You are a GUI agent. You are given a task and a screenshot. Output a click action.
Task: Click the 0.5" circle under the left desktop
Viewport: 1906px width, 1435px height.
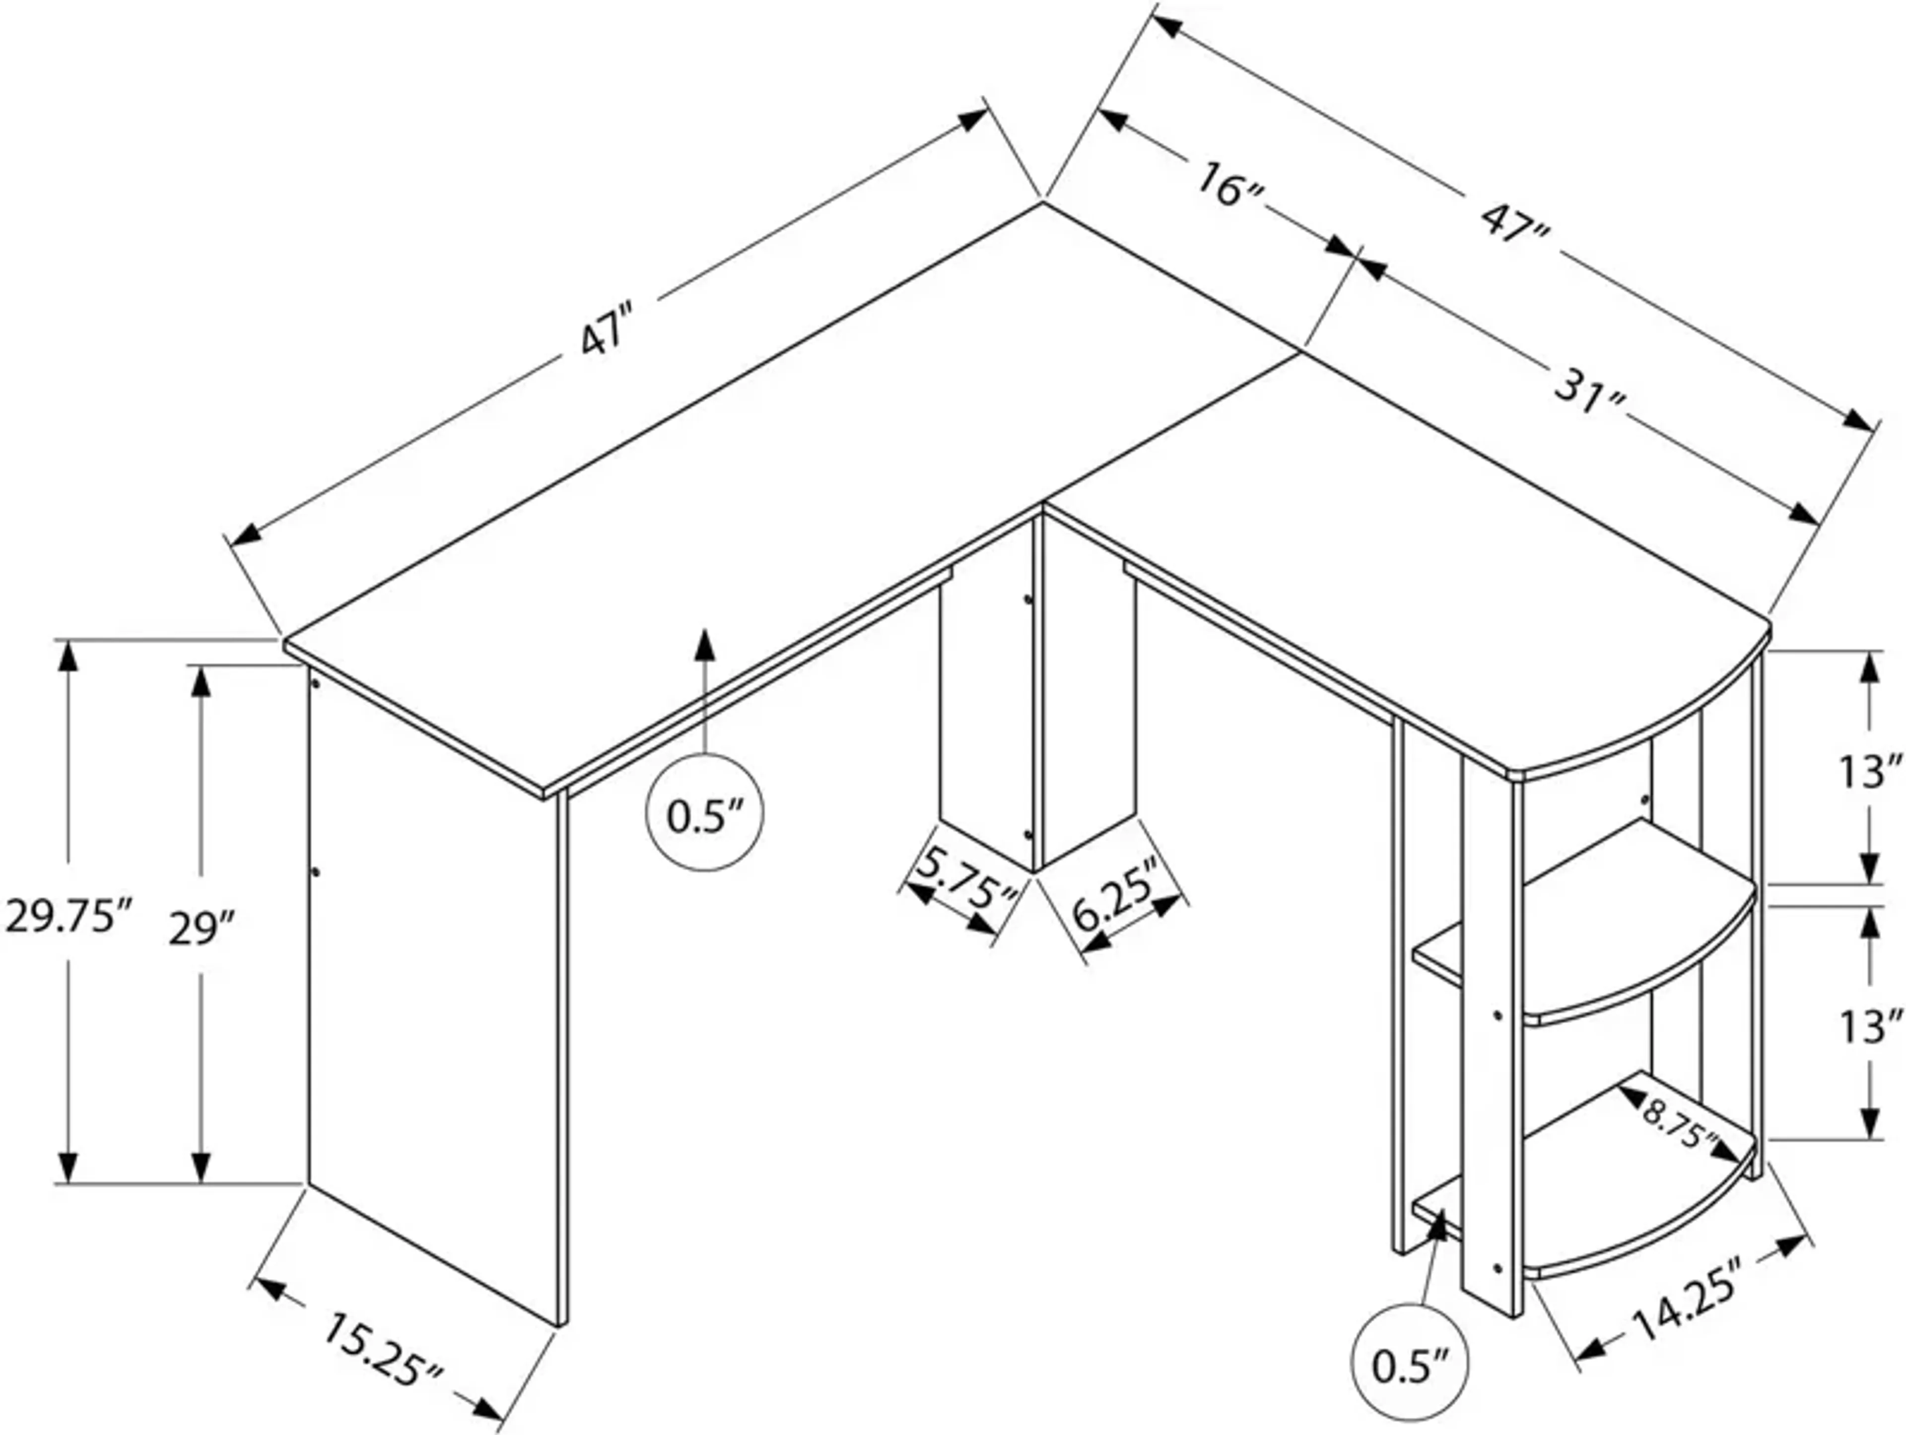[705, 812]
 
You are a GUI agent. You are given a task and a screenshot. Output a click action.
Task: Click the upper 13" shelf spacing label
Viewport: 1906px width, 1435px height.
[1869, 772]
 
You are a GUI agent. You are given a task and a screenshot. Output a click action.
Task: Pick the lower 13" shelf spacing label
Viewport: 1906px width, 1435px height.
[1869, 1027]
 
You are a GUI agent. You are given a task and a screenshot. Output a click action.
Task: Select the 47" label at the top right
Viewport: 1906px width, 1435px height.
[1516, 222]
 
